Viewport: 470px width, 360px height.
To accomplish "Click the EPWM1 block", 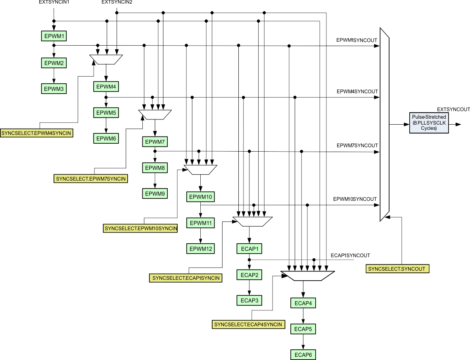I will [54, 36].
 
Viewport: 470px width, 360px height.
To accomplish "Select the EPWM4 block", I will [106, 87].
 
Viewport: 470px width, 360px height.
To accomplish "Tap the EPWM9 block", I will [155, 194].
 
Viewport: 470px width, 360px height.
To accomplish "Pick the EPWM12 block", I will [201, 249].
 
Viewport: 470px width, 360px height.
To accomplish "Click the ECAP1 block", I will [249, 249].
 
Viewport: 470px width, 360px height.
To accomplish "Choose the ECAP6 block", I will [303, 354].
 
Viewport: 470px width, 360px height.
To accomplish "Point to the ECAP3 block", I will [249, 300].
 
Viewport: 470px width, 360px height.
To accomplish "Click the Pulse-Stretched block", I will [428, 123].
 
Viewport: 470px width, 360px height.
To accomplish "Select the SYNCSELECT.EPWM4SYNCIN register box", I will [37, 133].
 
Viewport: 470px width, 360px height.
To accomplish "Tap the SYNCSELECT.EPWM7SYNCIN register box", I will [91, 179].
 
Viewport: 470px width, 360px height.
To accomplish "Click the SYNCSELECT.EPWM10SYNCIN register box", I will [140, 228].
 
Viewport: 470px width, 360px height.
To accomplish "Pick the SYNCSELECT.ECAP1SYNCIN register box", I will [186, 278].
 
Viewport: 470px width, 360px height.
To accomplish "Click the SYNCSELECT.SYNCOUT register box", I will [397, 269].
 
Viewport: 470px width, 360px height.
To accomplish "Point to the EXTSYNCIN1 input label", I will [54, 2].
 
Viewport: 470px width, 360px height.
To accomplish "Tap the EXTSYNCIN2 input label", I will [117, 2].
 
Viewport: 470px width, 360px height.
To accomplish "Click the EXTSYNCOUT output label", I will [453, 109].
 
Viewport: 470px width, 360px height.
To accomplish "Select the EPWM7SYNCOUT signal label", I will [357, 146].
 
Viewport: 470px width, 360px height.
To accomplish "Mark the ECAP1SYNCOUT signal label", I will [350, 255].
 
